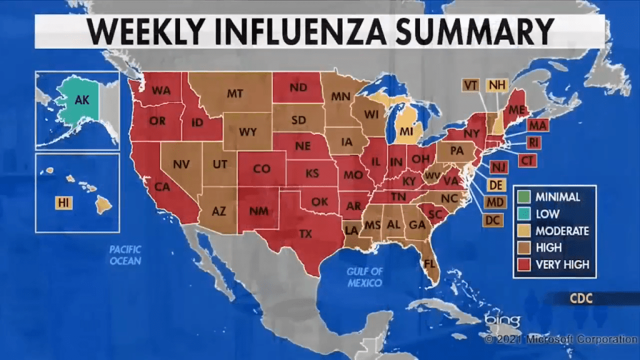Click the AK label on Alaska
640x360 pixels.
(x=82, y=99)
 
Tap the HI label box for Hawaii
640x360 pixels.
(x=64, y=202)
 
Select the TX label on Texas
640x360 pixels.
(x=306, y=234)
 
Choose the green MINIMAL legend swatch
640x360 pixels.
(x=524, y=196)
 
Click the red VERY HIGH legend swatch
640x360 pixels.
(x=524, y=264)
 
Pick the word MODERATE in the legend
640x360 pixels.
(x=561, y=231)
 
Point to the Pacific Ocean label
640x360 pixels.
(x=125, y=254)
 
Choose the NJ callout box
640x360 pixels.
(x=498, y=166)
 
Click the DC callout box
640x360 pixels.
(x=492, y=220)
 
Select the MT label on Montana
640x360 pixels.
(x=234, y=94)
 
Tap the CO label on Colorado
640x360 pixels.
(x=261, y=169)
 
